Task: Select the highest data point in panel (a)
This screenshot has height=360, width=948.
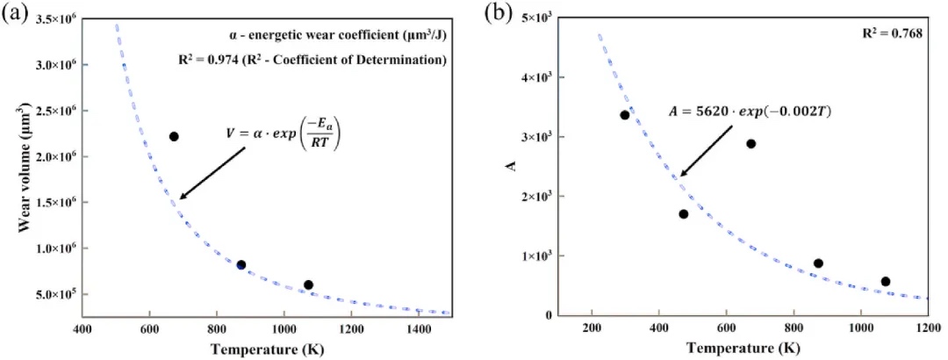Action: click(174, 136)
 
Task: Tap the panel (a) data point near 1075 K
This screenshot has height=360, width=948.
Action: click(308, 284)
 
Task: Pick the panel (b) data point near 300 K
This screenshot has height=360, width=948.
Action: click(625, 115)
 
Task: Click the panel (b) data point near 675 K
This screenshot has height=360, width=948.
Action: click(750, 144)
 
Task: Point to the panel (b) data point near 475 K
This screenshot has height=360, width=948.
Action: click(684, 214)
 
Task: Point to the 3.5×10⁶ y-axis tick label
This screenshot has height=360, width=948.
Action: click(54, 18)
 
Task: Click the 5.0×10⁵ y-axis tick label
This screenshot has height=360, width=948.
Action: click(54, 294)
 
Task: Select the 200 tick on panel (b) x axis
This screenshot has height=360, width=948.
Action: click(592, 329)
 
